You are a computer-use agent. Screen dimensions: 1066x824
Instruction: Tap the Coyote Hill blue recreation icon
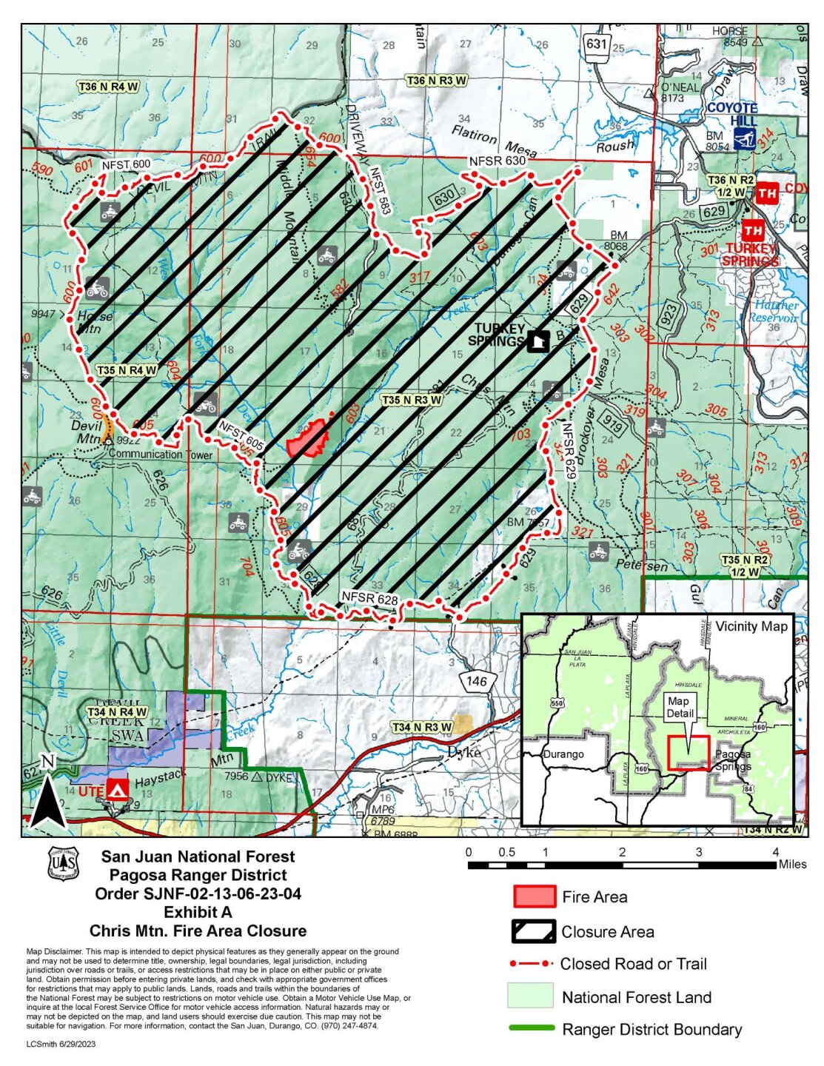click(744, 139)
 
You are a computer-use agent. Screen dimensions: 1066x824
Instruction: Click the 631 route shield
click(596, 44)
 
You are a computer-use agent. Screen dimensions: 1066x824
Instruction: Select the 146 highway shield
click(477, 681)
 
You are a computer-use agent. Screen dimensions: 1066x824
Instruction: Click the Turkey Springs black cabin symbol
click(538, 341)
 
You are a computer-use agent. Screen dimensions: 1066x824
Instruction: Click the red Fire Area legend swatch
click(534, 896)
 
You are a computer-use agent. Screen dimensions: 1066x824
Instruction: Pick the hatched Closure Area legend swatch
click(534, 931)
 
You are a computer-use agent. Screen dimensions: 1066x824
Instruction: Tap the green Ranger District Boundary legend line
click(532, 1028)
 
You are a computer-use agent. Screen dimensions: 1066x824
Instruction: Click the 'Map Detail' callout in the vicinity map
click(679, 707)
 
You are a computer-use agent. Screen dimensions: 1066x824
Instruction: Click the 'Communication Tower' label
click(160, 455)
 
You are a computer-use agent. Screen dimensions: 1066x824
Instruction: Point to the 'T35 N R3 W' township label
click(412, 400)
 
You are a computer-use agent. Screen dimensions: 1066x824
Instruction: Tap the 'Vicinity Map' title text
click(751, 626)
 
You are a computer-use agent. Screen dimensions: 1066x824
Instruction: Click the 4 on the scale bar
click(776, 851)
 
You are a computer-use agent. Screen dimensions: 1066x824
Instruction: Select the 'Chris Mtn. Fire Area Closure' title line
click(198, 931)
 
